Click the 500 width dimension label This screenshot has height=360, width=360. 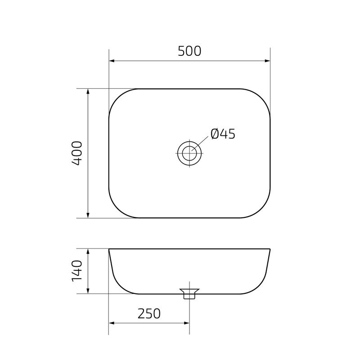189,51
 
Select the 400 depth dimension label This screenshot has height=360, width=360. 77,153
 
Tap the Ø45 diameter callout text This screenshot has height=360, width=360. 223,134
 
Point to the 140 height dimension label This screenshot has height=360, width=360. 77,271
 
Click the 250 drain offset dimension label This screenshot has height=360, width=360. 149,313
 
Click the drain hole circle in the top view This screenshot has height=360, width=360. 189,153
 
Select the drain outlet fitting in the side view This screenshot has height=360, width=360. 189,294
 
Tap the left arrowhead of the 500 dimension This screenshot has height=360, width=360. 112,61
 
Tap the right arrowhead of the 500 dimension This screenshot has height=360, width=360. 267,61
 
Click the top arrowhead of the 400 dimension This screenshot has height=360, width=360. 88,92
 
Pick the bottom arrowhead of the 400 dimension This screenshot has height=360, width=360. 88,215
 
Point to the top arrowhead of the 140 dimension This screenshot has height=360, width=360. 88,252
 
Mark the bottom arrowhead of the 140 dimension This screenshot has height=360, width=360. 88,291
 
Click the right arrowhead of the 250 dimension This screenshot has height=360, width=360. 186,323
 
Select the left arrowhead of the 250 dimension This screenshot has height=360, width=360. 112,323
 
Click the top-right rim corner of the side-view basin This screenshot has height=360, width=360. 270,249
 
